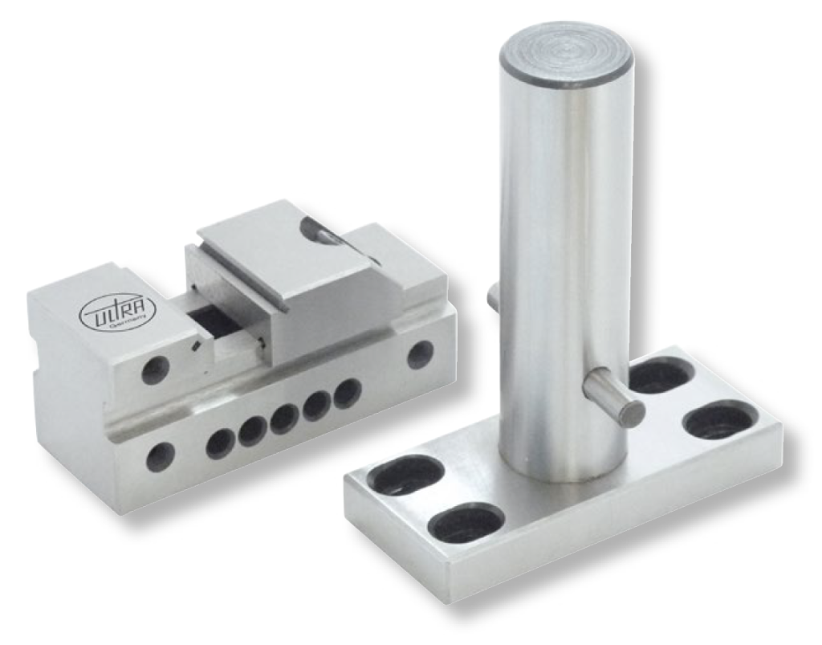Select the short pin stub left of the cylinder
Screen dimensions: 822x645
pos(494,297)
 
